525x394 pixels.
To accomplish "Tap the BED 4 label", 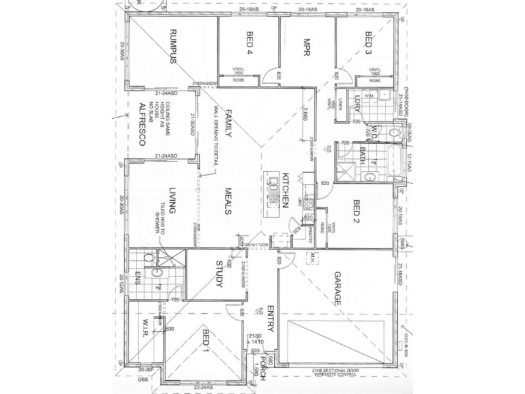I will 249,43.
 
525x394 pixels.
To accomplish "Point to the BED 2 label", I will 357,213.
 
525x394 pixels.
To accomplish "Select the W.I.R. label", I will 146,328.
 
